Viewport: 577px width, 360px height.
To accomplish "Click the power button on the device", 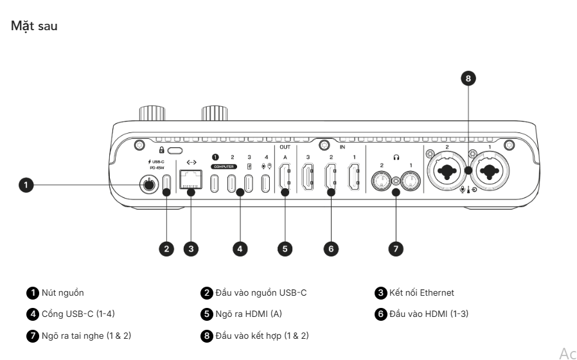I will pyautogui.click(x=149, y=185).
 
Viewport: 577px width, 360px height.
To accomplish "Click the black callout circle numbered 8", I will pyautogui.click(x=469, y=79).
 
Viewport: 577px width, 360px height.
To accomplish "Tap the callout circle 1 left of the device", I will pyautogui.click(x=26, y=185).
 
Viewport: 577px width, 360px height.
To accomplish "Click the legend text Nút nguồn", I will pyautogui.click(x=62, y=293).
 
